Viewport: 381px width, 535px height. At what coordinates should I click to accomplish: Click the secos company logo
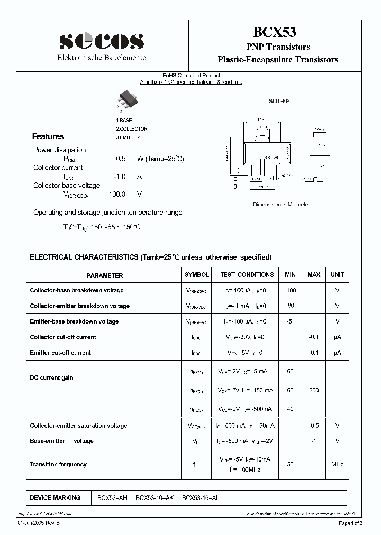101,41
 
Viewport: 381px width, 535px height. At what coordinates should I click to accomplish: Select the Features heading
48,136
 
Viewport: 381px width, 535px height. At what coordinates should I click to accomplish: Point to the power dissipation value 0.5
121,159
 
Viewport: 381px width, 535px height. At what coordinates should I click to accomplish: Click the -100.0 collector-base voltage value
116,194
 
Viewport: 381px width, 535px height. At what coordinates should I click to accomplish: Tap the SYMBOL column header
196,275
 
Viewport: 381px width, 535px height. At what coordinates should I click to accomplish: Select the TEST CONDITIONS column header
247,275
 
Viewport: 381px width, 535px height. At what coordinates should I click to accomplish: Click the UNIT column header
337,275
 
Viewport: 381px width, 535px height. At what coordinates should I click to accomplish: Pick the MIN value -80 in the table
290,306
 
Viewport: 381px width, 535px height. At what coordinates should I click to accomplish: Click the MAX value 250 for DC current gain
314,391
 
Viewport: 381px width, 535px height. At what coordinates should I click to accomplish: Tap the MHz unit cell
337,464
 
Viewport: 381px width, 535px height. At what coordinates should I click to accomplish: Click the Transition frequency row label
58,464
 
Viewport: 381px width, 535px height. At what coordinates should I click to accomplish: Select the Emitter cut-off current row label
60,353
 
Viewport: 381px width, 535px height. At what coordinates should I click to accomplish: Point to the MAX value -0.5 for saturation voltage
314,426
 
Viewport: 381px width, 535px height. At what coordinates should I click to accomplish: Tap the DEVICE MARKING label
55,498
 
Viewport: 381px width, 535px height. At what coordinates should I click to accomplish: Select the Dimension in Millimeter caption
281,205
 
